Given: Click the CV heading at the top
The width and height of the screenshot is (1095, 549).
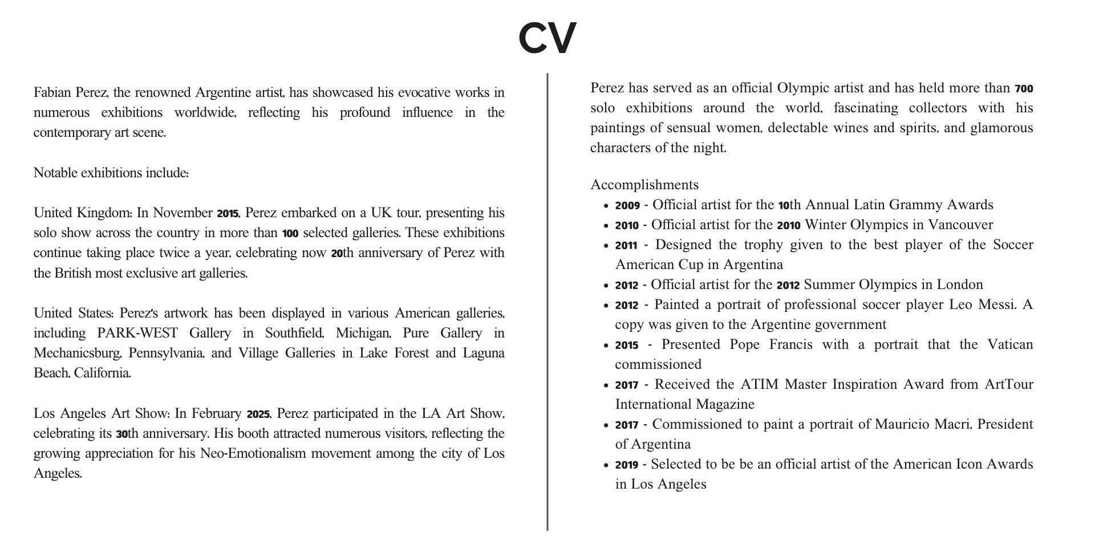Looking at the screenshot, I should click(547, 38).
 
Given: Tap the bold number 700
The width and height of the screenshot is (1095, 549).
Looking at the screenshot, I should click(1024, 89).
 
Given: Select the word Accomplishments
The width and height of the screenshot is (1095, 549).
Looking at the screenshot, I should click(644, 185).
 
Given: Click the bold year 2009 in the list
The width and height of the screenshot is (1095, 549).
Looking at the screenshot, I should click(627, 205).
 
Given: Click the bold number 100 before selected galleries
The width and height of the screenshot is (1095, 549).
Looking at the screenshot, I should click(290, 233).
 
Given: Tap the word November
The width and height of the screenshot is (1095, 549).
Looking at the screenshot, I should click(182, 213).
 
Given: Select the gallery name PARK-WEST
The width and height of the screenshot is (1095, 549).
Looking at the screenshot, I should click(137, 333).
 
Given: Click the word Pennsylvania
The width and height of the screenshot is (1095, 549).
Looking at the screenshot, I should click(166, 353).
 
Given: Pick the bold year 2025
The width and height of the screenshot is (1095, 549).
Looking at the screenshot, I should click(258, 414).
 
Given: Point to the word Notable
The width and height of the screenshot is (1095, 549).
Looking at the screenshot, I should click(55, 173).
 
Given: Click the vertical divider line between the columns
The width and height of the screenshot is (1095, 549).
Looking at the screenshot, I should click(547, 302).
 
